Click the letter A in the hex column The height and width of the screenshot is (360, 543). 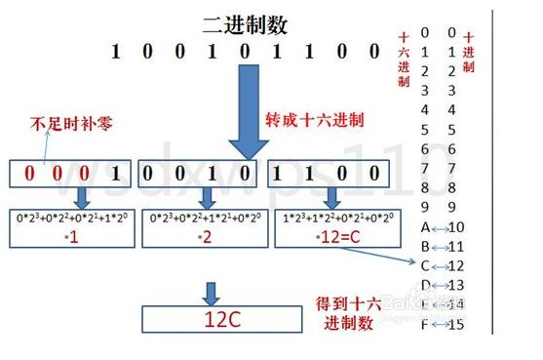coord(425,227)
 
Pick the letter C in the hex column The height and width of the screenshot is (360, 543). coord(425,265)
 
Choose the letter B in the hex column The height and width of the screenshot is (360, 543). coord(425,246)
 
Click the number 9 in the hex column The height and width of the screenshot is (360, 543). coord(425,207)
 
